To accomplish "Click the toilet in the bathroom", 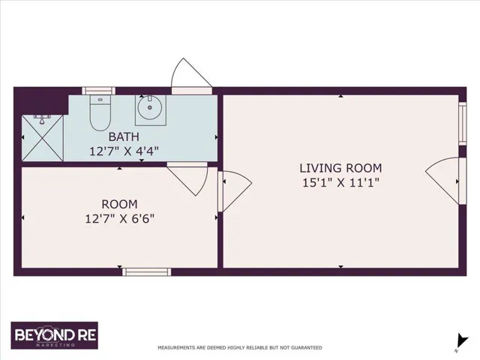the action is (100, 113).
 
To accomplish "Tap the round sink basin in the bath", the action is (150, 107).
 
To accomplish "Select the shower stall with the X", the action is (43, 138).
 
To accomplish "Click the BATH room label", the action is (124, 136).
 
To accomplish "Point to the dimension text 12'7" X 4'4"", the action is (124, 151).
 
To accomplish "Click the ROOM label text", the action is (119, 204).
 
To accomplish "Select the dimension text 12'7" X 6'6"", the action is (119, 219).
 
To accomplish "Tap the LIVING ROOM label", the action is (340, 168).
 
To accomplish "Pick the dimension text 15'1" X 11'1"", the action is (340, 183).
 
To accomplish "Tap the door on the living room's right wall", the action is (446, 181).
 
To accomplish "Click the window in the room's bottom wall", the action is (147, 271).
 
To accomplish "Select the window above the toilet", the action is (98, 91).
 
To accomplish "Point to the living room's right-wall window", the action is (463, 123).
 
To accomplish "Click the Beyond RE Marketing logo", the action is (55, 335).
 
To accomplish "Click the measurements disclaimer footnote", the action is (240, 348).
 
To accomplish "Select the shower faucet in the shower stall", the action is (42, 119).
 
